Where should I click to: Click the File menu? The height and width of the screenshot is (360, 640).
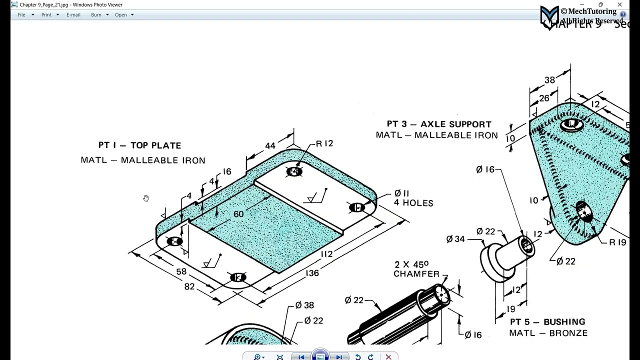[x=21, y=15]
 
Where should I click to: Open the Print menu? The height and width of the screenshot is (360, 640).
[x=46, y=15]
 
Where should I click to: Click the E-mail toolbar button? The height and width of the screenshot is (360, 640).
[x=73, y=15]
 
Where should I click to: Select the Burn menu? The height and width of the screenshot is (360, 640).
[x=96, y=15]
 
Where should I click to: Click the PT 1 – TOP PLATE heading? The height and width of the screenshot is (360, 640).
[x=139, y=145]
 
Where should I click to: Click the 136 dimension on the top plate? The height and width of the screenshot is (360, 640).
[x=311, y=273]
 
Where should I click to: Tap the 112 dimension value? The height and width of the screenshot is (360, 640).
[x=326, y=254]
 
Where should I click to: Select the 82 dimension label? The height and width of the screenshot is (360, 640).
[x=189, y=287]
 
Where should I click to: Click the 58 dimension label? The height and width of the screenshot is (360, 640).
[x=181, y=271]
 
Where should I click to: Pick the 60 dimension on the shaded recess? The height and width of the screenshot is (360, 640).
[x=238, y=214]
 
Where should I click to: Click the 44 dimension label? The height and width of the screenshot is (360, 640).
[x=270, y=146]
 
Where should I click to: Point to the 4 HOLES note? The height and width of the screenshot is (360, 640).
[x=413, y=203]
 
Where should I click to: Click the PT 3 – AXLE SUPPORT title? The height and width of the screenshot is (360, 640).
[x=439, y=124]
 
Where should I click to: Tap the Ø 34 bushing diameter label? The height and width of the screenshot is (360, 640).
[x=455, y=239]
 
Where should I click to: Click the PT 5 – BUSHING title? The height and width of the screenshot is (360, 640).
[x=547, y=322]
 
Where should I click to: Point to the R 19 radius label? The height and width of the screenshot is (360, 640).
[x=617, y=242]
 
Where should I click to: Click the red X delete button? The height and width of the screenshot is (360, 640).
[x=388, y=356]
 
